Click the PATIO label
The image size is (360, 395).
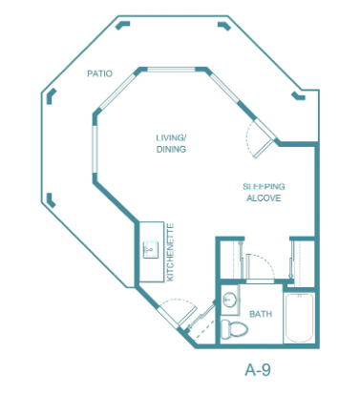click(x=99, y=73)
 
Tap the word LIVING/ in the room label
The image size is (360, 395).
click(x=171, y=138)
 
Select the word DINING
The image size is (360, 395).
click(x=171, y=149)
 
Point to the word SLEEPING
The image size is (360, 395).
click(x=264, y=187)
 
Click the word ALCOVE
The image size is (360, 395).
click(x=264, y=198)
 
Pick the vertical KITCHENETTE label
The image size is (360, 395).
click(x=170, y=253)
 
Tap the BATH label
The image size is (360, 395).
click(x=261, y=314)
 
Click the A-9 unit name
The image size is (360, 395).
click(x=258, y=370)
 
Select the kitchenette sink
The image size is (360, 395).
click(x=151, y=250)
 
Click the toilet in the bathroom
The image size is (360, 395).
click(x=234, y=329)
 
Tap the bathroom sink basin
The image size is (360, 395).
click(x=229, y=300)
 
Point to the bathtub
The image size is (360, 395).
click(x=298, y=318)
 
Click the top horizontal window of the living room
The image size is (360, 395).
click(x=171, y=70)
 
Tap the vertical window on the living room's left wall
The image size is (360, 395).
click(x=95, y=149)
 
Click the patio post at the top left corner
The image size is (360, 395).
click(x=122, y=25)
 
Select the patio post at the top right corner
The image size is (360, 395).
click(x=224, y=26)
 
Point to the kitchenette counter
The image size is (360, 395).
click(x=152, y=252)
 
